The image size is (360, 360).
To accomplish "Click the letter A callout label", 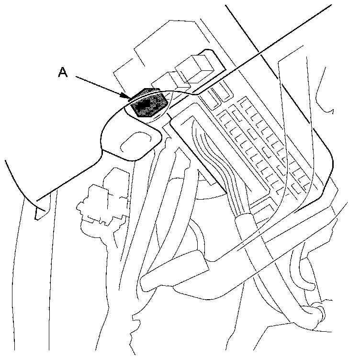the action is (63, 72).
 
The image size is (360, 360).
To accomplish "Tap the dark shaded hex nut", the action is (150, 103).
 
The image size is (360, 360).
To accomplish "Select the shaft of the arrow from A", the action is (101, 86).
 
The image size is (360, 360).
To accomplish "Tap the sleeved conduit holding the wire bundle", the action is (248, 230).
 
